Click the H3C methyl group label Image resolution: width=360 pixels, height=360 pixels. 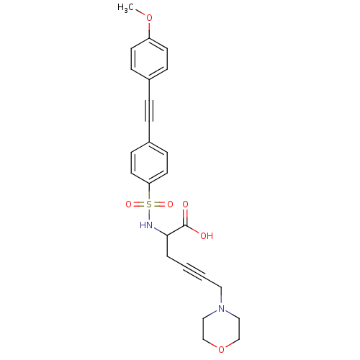[x=125, y=8]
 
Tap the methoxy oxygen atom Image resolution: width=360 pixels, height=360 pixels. [x=149, y=18]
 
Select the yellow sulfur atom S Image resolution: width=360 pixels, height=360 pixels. [x=149, y=204]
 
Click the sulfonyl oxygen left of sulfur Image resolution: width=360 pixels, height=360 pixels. [x=129, y=204]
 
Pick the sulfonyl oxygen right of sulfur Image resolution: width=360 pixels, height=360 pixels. [x=170, y=204]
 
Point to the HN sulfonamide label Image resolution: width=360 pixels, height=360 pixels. [x=146, y=225]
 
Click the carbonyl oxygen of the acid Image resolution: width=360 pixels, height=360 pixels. [x=185, y=204]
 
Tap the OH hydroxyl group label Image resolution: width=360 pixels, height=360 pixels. [x=207, y=235]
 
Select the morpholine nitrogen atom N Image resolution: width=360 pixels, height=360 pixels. [x=221, y=308]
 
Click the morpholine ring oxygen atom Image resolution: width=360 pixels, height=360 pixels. [x=221, y=350]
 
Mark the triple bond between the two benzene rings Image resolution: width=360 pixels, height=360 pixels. [x=149, y=111]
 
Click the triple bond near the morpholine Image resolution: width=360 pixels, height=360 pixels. [x=194, y=272]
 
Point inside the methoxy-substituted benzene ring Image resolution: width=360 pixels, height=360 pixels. [x=149, y=59]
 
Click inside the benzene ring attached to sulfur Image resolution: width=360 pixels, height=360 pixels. [x=149, y=163]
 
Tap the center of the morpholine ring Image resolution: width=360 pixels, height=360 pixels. [x=221, y=329]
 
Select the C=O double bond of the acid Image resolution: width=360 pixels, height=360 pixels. [x=185, y=217]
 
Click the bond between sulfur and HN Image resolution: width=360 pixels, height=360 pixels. [x=149, y=215]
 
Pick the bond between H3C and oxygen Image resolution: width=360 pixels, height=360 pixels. [x=140, y=13]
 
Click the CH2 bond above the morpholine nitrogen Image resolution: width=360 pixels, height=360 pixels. [x=221, y=296]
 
